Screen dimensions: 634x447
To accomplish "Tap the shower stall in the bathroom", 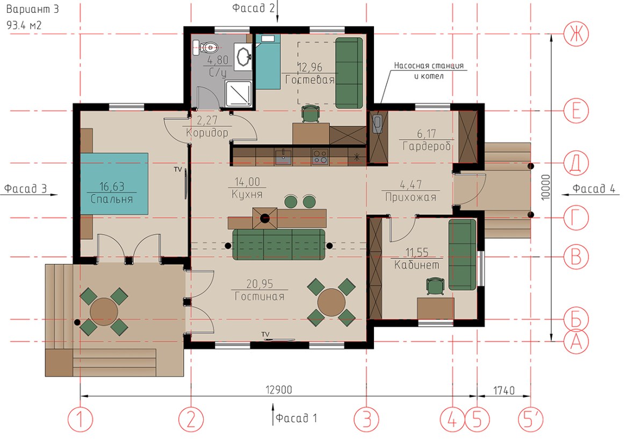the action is click(x=239, y=93).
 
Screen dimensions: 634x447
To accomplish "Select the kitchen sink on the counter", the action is click(x=283, y=157).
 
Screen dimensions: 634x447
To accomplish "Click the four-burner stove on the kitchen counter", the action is click(x=320, y=157).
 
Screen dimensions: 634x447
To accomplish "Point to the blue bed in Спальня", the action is click(x=114, y=183).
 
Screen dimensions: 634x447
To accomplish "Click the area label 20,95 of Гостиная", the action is click(x=260, y=284).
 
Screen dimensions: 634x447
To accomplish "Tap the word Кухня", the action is click(x=247, y=194).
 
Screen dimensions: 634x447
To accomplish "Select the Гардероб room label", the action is click(x=427, y=146).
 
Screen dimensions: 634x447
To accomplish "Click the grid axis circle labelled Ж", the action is click(x=576, y=34).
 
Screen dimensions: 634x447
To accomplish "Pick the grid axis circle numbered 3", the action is click(x=366, y=419).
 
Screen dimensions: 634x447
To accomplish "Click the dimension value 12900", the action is click(x=279, y=390).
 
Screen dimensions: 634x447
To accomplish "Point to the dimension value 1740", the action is click(x=504, y=391).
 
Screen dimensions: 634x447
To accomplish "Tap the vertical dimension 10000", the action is click(x=545, y=187).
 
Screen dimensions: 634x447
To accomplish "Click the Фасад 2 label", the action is click(x=254, y=8).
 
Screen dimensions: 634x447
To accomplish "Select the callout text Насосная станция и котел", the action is click(x=429, y=71).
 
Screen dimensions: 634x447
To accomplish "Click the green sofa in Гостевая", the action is click(x=349, y=73).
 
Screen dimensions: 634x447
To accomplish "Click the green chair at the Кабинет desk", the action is click(x=435, y=286).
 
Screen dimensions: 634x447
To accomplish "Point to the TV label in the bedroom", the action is click(x=178, y=169).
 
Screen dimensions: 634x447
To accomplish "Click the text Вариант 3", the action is click(x=32, y=9).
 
